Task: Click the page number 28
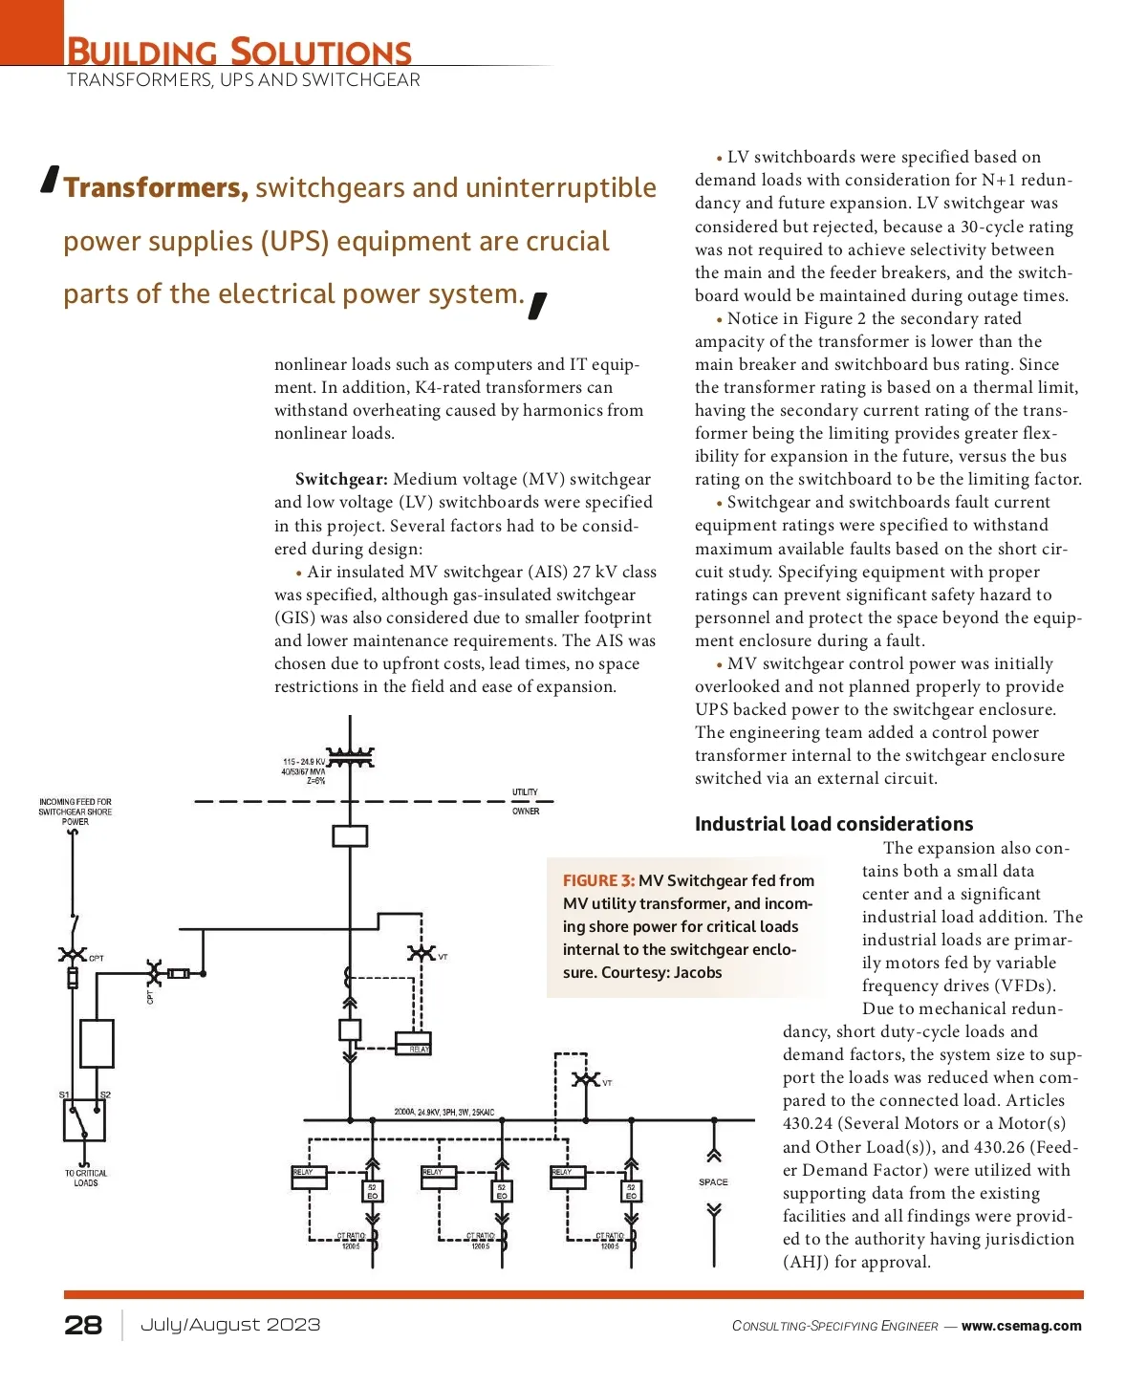pos(83,1325)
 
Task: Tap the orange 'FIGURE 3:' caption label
pos(598,880)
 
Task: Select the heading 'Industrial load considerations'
pos(833,824)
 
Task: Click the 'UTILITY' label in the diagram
pos(525,792)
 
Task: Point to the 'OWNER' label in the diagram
pos(526,812)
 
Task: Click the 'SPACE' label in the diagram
pos(713,1182)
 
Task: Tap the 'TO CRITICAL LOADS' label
pos(86,1178)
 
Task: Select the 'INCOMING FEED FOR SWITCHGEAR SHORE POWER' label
pos(76,812)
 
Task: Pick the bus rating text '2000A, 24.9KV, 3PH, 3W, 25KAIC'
pos(444,1113)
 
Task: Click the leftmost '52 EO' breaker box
pos(373,1192)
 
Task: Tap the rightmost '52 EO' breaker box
pos(631,1192)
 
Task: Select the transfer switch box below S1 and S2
pos(84,1120)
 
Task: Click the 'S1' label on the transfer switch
pos(64,1094)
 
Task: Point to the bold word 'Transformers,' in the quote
pos(156,188)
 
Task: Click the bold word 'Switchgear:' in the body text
pos(341,480)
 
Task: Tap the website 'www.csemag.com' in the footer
pos(1021,1326)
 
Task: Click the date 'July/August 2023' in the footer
pos(230,1325)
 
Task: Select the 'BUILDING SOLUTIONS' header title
pos(239,52)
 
